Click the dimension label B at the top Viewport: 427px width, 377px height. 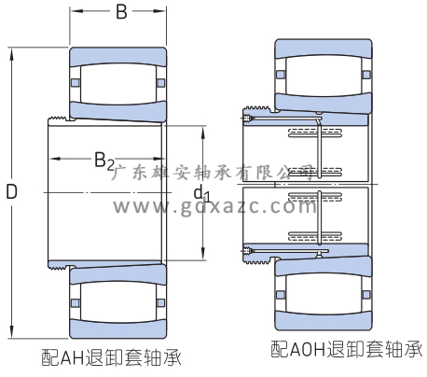point(121,12)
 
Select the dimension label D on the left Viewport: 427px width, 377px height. point(11,191)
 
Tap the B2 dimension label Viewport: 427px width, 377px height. point(104,161)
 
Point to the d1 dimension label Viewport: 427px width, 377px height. point(202,193)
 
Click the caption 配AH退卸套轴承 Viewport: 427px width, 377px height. point(111,357)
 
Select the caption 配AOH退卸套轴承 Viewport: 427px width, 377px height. point(346,349)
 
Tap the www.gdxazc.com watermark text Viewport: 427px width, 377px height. point(214,206)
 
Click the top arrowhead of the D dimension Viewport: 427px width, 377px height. point(12,54)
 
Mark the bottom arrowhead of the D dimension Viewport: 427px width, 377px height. point(12,332)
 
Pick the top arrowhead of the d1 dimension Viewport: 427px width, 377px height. point(202,133)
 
